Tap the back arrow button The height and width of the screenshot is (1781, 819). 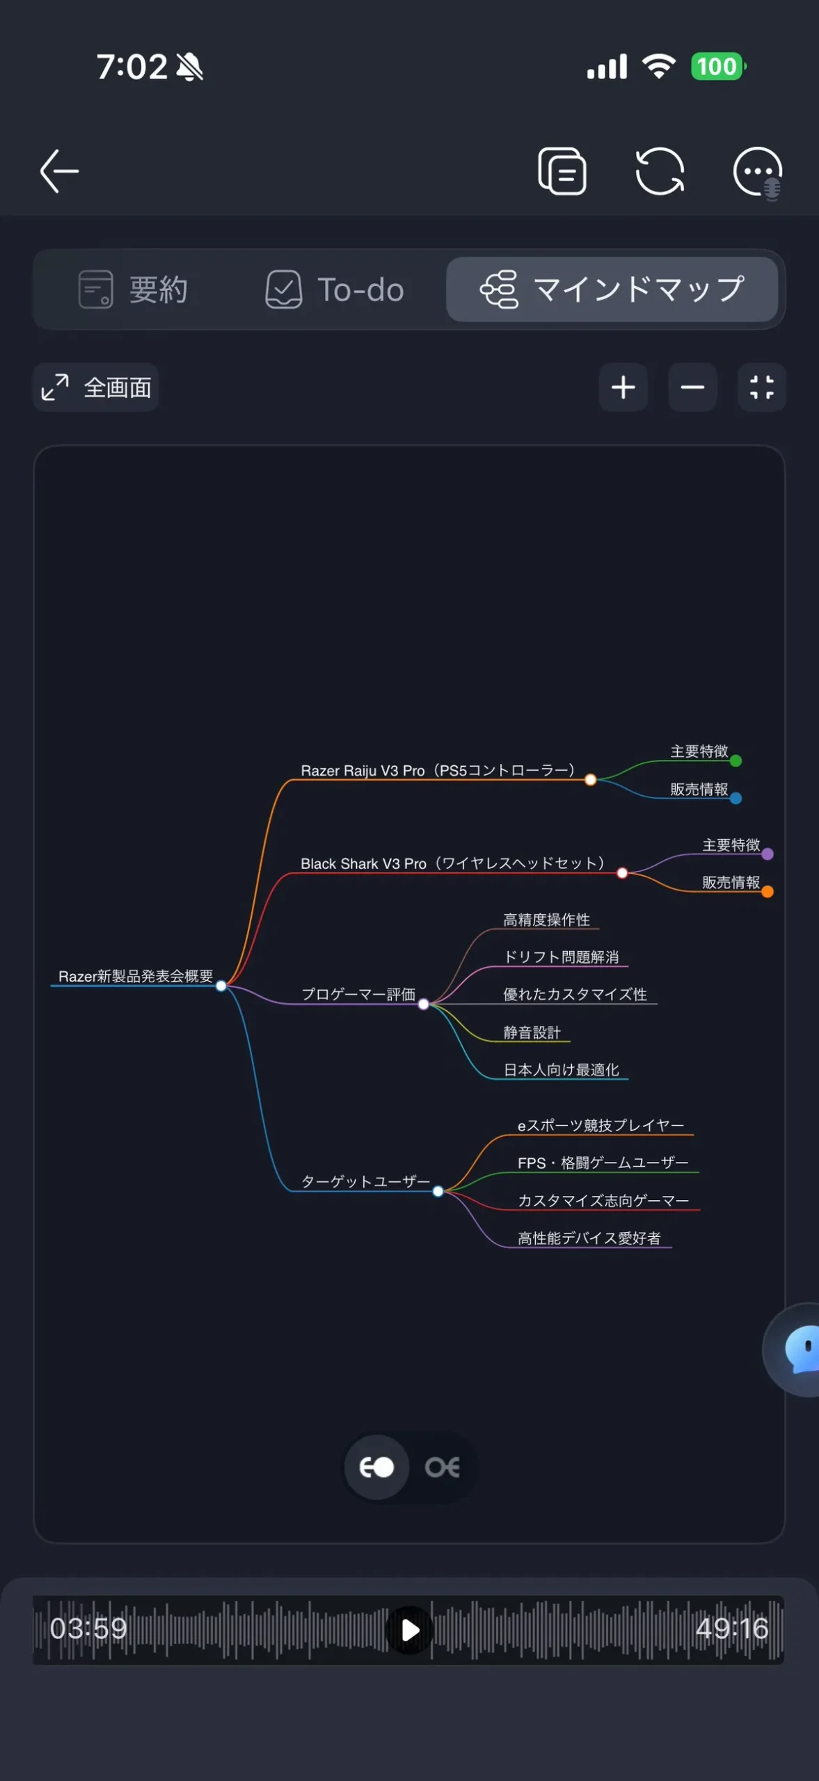(x=59, y=171)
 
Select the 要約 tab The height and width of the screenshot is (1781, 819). (x=133, y=289)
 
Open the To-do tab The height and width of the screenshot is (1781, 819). (x=335, y=289)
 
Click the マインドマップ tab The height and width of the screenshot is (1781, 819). (x=612, y=289)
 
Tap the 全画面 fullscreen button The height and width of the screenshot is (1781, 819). (x=96, y=388)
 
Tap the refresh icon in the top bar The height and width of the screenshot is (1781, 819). (x=660, y=171)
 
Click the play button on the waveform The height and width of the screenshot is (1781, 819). (x=409, y=1629)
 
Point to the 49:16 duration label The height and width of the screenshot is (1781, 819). (x=731, y=1629)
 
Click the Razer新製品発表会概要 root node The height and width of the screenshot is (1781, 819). (x=136, y=976)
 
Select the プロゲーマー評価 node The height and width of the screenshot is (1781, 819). (x=358, y=994)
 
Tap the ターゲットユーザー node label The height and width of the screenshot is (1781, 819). (x=365, y=1181)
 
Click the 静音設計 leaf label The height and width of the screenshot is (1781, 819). (x=532, y=1032)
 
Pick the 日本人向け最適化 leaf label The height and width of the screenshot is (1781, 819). (x=562, y=1070)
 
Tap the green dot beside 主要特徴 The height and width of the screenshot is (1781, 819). (x=735, y=761)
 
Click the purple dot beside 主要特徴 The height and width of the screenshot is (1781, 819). (x=768, y=854)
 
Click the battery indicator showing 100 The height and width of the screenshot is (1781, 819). (x=717, y=67)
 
